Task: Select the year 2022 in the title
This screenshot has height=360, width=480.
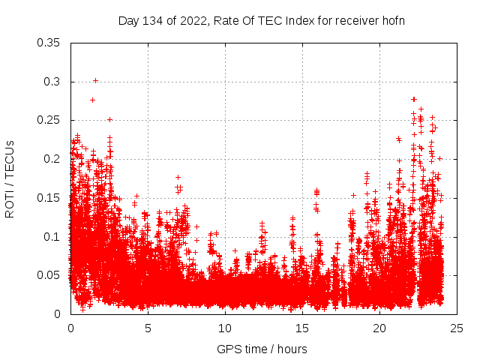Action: [x=191, y=20]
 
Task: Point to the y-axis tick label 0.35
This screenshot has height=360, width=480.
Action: [x=50, y=43]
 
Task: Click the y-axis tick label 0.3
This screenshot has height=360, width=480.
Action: [x=54, y=82]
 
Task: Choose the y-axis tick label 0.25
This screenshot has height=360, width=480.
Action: [x=50, y=120]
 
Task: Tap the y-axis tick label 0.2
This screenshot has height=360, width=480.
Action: [x=54, y=159]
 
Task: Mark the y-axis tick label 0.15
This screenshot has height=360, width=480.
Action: [x=50, y=198]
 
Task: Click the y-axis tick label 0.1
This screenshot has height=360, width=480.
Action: [x=54, y=236]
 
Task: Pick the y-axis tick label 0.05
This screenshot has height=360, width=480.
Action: [x=50, y=275]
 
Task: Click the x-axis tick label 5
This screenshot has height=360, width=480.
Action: [x=148, y=328]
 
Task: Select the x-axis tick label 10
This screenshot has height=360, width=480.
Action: [x=225, y=328]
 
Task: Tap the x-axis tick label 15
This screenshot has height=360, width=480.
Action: [x=302, y=328]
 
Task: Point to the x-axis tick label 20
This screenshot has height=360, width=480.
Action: [x=379, y=328]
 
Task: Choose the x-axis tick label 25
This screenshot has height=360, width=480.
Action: [x=457, y=328]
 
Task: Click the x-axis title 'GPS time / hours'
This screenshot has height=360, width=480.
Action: [x=262, y=349]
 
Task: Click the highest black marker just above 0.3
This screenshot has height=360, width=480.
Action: [x=95, y=80]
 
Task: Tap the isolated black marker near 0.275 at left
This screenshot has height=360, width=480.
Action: [x=92, y=100]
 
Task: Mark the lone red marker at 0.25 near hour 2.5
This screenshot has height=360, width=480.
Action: [x=109, y=119]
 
